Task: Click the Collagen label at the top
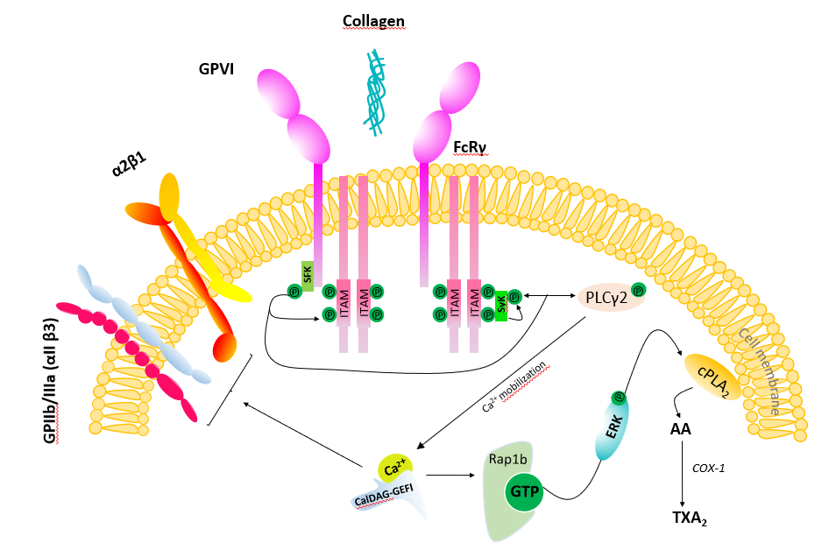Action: pyautogui.click(x=374, y=20)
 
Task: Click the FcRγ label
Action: pyautogui.click(x=471, y=146)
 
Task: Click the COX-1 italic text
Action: pyautogui.click(x=708, y=469)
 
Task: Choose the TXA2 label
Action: pyautogui.click(x=689, y=518)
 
